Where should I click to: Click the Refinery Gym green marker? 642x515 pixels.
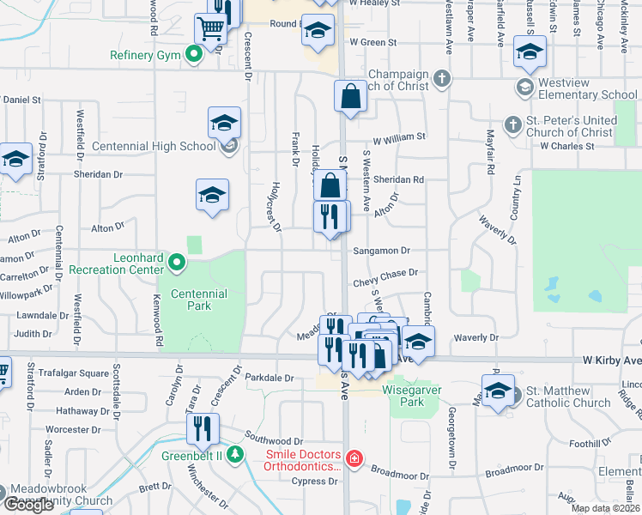[195, 56]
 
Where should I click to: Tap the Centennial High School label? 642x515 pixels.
[161, 146]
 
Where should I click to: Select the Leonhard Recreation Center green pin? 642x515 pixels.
[177, 263]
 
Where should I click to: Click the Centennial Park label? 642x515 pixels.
[198, 300]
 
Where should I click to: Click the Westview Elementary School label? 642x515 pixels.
[588, 88]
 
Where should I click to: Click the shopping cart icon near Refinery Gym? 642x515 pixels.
[209, 28]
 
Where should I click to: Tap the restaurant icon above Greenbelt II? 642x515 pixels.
[203, 427]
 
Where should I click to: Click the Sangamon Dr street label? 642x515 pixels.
[382, 251]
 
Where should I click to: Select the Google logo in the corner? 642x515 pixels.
[29, 505]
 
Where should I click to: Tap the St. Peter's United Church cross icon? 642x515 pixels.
[512, 125]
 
